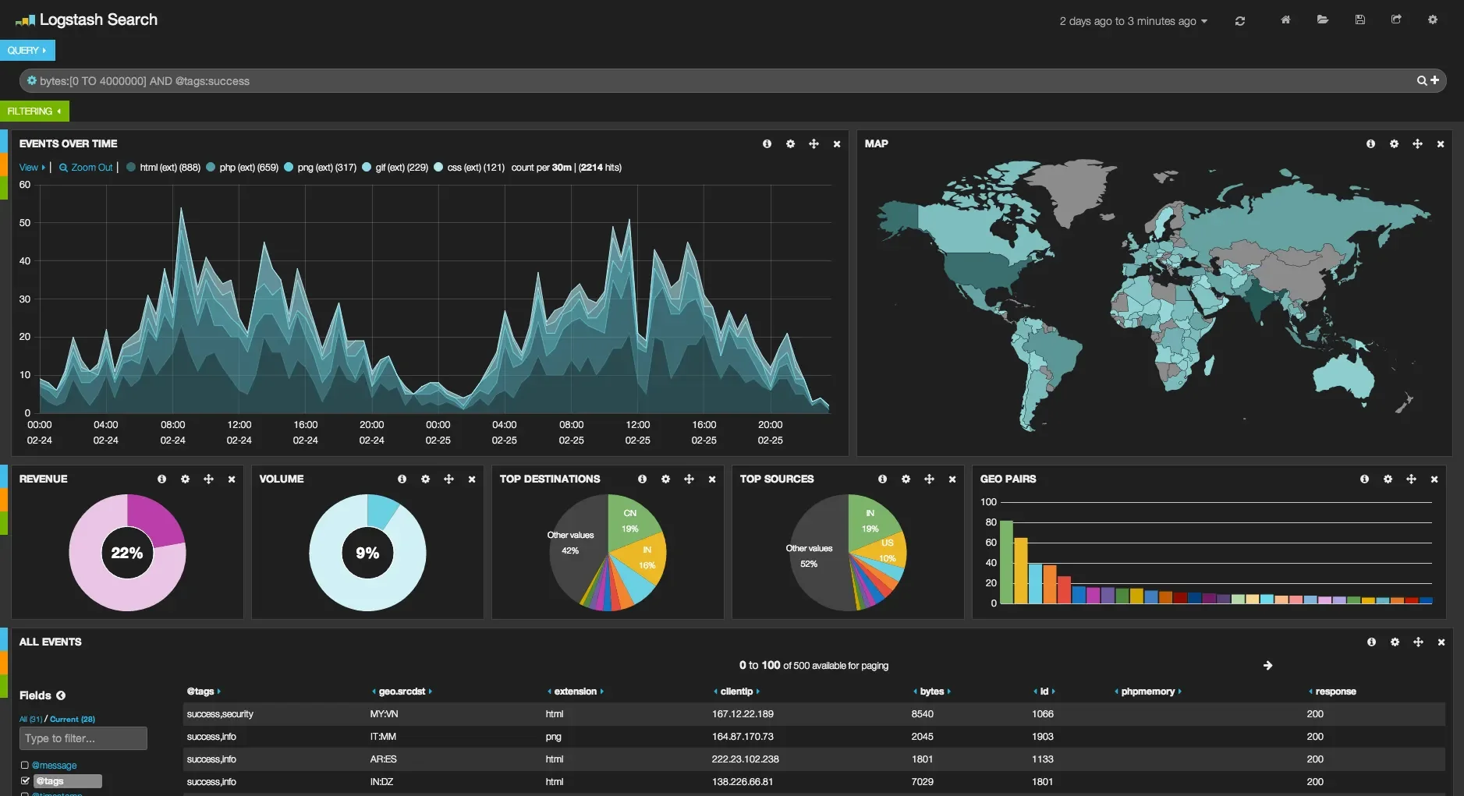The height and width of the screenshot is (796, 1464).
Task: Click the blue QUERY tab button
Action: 27,51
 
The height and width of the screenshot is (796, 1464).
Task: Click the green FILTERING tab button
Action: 34,111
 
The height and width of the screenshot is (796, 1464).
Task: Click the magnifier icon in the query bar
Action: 1421,81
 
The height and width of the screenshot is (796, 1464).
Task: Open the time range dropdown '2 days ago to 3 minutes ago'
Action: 1133,21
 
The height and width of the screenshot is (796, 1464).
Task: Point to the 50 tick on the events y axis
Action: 25,223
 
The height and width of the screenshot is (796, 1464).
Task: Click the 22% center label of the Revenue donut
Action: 127,553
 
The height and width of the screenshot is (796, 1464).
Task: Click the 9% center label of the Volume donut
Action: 367,553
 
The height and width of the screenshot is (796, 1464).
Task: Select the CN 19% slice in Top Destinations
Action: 631,521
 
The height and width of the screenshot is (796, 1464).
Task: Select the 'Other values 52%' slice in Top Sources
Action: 810,556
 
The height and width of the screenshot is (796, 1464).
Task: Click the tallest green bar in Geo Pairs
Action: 1006,561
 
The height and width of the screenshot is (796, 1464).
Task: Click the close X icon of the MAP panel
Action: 1440,144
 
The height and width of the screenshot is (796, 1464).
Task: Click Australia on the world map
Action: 1344,375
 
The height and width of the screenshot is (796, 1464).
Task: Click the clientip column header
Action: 736,692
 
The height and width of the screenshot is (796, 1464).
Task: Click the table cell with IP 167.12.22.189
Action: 743,714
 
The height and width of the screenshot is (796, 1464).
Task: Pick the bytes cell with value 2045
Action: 922,737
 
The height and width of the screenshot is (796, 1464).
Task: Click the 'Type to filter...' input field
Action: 83,738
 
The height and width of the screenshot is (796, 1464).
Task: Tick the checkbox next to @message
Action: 25,766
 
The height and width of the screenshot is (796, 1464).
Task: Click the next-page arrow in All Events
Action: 1267,666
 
